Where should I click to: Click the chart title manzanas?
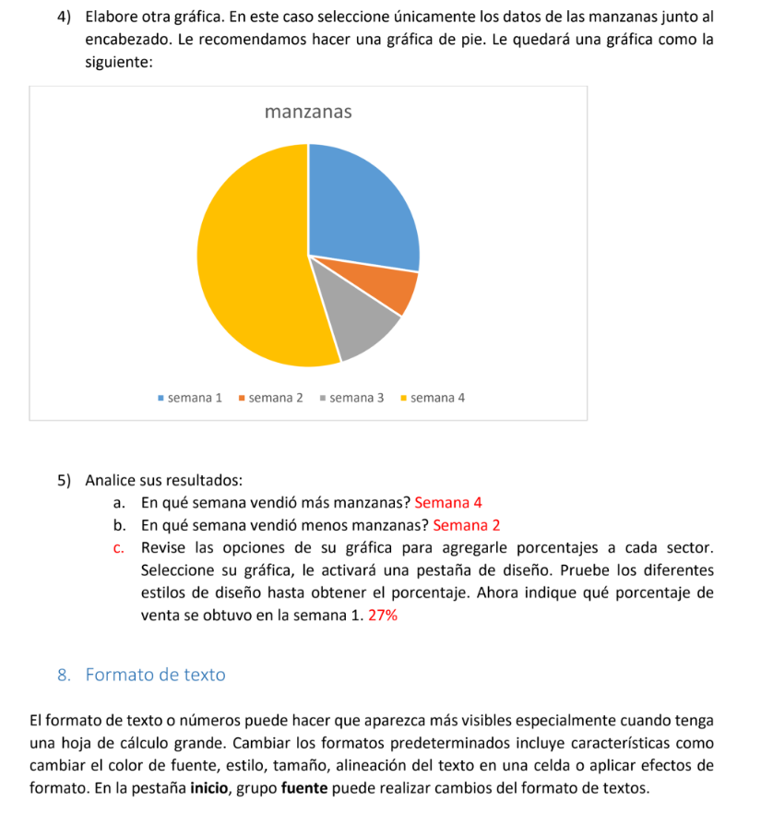click(x=308, y=113)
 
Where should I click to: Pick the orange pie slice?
click(x=387, y=288)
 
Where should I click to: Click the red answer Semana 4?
click(x=448, y=503)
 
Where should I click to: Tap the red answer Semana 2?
click(x=466, y=525)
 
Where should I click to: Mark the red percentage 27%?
click(x=383, y=616)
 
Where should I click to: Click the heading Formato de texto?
click(x=155, y=675)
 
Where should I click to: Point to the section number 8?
click(x=63, y=675)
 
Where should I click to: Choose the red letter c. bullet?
click(x=121, y=548)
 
